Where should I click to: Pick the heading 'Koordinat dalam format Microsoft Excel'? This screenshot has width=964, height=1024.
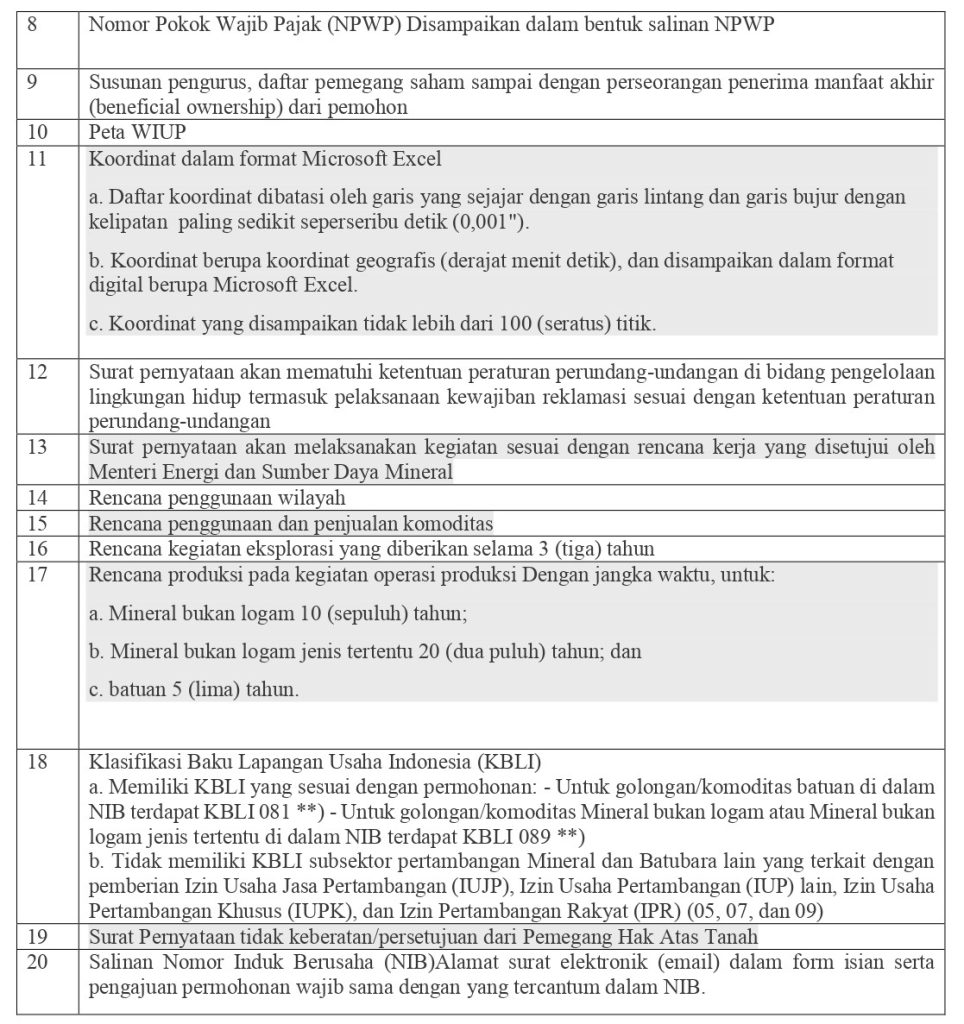click(x=265, y=158)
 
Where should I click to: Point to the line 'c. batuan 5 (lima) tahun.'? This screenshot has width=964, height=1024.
click(x=193, y=690)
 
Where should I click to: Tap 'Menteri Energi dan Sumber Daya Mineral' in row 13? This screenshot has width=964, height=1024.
click(x=270, y=472)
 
